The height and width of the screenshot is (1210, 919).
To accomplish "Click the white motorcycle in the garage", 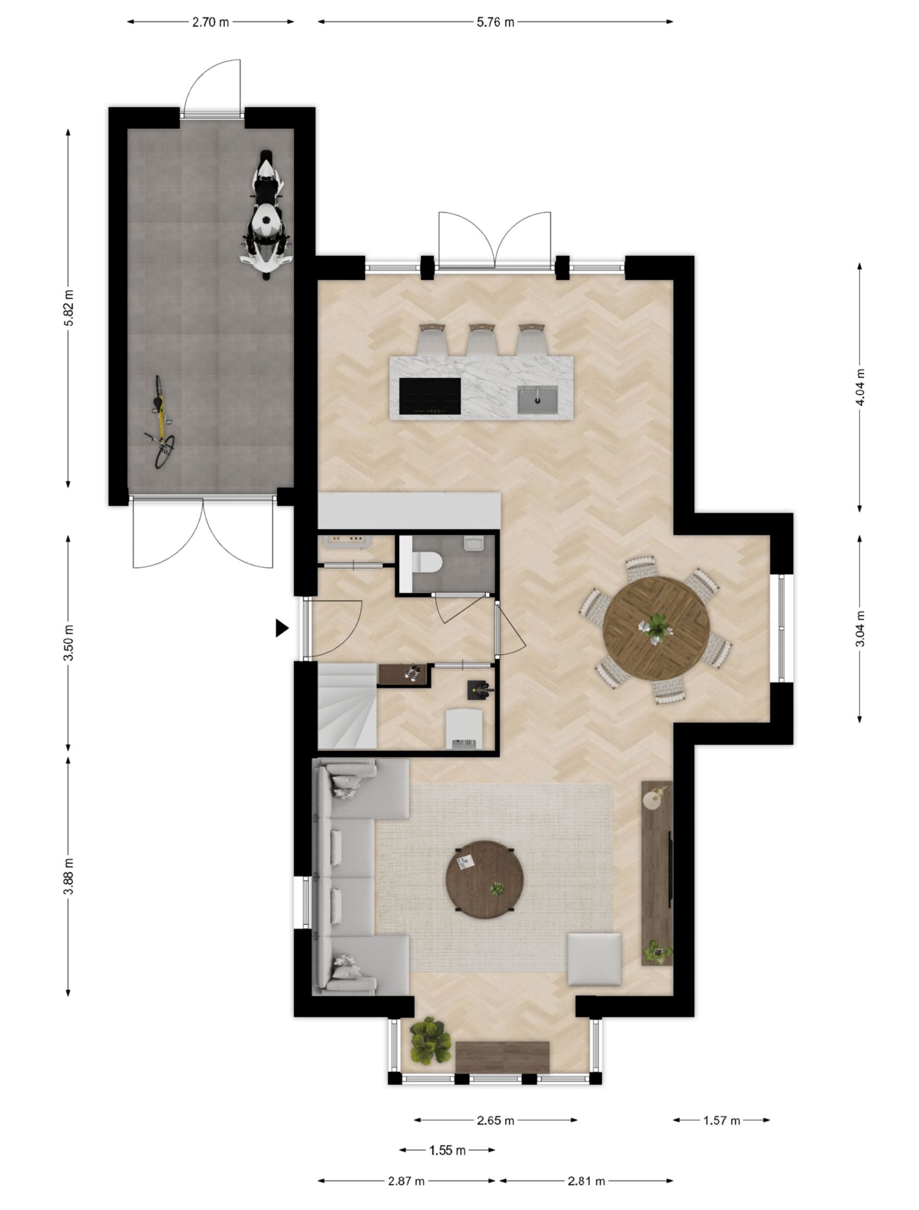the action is click(265, 215).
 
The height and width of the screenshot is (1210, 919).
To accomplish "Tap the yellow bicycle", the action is click(160, 422).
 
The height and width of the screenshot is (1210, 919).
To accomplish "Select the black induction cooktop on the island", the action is click(430, 396).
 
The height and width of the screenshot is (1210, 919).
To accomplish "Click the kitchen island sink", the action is click(538, 399).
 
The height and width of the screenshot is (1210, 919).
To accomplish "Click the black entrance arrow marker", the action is click(281, 628).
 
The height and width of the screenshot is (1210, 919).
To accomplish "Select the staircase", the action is click(347, 706).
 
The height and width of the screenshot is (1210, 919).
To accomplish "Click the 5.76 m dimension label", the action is click(495, 22).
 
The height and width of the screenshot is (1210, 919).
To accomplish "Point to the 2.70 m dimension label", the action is click(210, 22).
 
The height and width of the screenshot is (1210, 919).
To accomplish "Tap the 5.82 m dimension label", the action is click(69, 308).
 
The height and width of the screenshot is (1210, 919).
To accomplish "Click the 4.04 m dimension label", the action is click(860, 387).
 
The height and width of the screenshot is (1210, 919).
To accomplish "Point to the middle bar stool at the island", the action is click(482, 339).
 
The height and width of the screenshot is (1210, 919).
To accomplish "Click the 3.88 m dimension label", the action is click(69, 877).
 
